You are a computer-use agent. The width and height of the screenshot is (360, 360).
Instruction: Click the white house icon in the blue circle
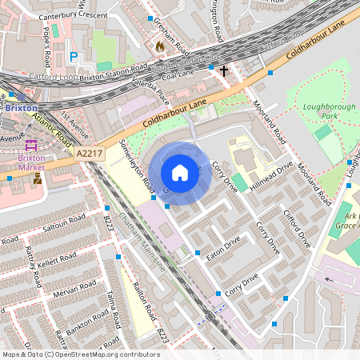tap(180, 172)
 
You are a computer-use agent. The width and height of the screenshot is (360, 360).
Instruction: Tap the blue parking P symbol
tap(74, 57)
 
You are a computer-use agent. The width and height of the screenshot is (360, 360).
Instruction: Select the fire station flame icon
tap(159, 46)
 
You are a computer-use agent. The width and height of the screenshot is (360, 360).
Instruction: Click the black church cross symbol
tap(224, 72)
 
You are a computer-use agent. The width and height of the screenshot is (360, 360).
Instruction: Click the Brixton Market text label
tap(31, 163)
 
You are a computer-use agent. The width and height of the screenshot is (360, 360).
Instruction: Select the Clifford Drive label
tap(297, 227)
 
